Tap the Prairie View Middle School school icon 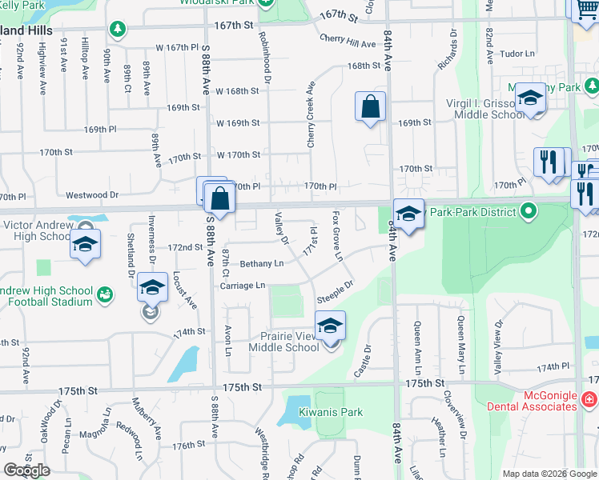(x=330, y=326)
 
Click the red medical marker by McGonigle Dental (x=589, y=398)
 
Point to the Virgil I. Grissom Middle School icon (x=529, y=98)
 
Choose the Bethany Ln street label (x=263, y=263)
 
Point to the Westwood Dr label (x=92, y=194)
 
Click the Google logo (x=26, y=470)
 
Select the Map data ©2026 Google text (x=549, y=474)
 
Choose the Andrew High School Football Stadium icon (x=105, y=297)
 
